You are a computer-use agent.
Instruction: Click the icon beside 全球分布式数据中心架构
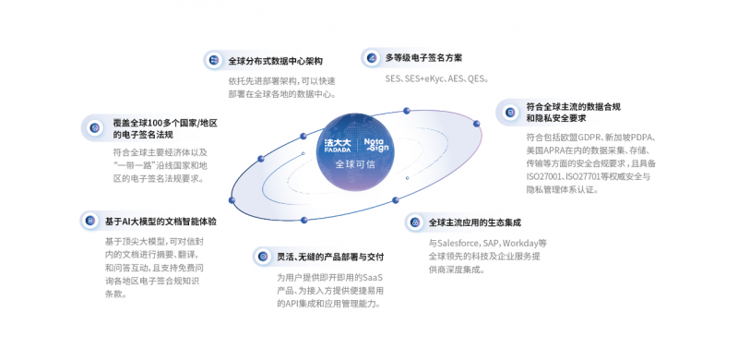[x=214, y=61]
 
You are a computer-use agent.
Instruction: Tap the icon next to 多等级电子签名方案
[x=371, y=57]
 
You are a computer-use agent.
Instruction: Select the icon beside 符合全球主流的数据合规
[x=508, y=112]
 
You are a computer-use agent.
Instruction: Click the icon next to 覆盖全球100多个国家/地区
[x=94, y=127]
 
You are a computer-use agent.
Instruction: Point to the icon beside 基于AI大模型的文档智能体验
[x=89, y=221]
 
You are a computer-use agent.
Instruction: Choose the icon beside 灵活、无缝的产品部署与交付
[x=261, y=256]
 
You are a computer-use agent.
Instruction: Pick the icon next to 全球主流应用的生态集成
[x=414, y=222]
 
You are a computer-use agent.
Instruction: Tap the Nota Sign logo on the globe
[x=378, y=145]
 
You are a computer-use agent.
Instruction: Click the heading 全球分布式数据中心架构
[x=276, y=62]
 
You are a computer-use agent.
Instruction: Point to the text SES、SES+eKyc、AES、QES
[x=436, y=79]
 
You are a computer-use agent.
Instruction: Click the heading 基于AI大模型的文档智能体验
[x=161, y=222]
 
